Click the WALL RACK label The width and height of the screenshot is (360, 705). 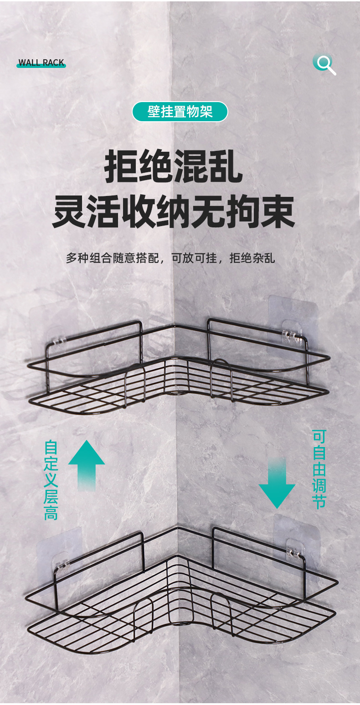click(x=41, y=63)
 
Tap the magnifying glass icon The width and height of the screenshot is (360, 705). click(x=324, y=63)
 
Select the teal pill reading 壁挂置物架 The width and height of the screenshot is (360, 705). click(x=180, y=112)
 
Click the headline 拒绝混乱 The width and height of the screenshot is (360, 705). click(x=174, y=167)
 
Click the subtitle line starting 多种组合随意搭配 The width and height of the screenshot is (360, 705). click(x=170, y=258)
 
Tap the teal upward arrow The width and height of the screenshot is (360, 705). click(x=87, y=464)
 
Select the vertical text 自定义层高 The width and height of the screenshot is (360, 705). click(x=51, y=479)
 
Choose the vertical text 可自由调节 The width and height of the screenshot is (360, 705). click(x=319, y=469)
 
